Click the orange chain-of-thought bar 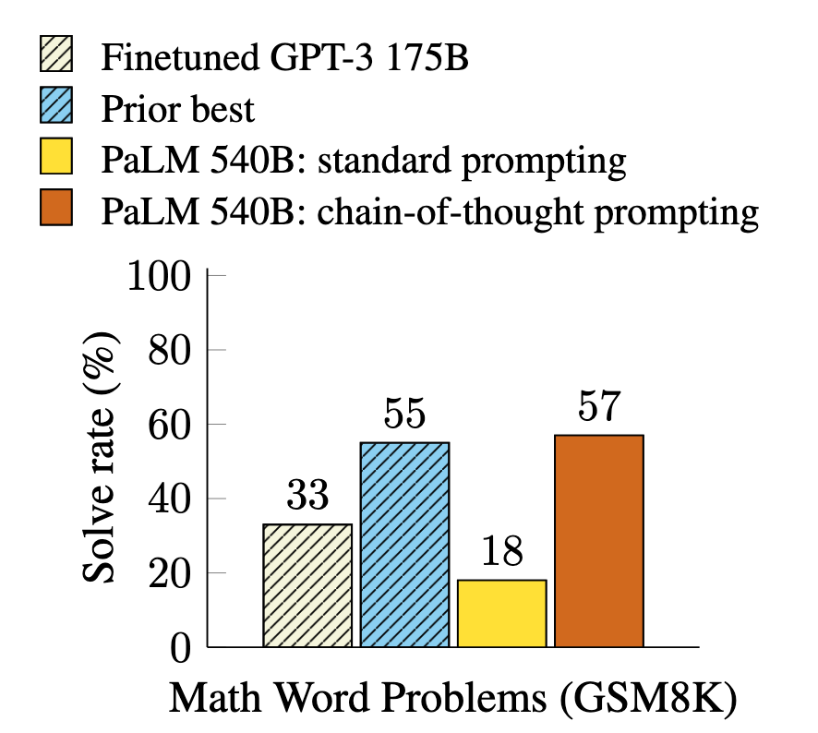tap(599, 541)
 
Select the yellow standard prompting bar tap(502, 614)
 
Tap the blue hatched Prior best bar tap(404, 545)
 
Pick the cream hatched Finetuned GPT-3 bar tap(307, 585)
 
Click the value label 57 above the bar tap(599, 406)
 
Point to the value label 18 tap(502, 551)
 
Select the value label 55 tap(404, 414)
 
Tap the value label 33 tap(307, 495)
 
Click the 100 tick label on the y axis tap(159, 276)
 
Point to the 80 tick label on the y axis tap(170, 351)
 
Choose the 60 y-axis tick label tap(170, 426)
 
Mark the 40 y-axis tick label tap(170, 499)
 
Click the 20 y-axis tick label tap(170, 574)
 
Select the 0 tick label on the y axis tap(181, 649)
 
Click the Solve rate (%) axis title tap(99, 457)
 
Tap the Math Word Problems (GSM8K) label tap(452, 698)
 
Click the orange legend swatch tap(56, 208)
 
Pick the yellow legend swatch tap(56, 156)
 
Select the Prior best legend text tap(178, 110)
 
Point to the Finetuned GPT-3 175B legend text tap(285, 57)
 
